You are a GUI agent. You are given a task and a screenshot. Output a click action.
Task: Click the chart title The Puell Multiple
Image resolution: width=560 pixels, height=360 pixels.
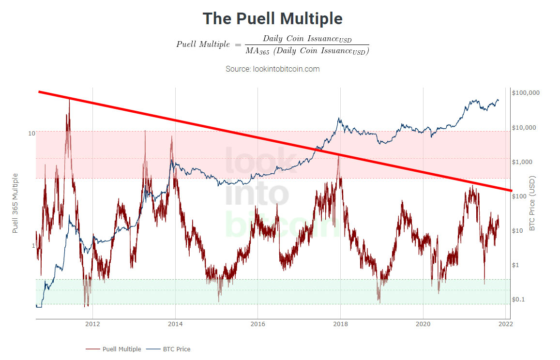click(x=272, y=18)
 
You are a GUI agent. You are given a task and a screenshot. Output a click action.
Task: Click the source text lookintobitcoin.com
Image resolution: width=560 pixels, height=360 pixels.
click(x=286, y=69)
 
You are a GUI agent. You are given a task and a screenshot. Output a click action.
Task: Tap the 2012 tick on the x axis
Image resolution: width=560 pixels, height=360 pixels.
click(x=92, y=324)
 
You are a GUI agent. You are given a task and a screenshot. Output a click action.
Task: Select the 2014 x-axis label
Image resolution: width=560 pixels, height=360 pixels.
click(x=175, y=324)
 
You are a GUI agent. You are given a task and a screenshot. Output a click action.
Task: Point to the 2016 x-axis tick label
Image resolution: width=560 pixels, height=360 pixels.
click(x=258, y=324)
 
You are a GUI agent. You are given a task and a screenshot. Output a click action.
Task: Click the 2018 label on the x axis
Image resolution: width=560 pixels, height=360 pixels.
click(x=340, y=324)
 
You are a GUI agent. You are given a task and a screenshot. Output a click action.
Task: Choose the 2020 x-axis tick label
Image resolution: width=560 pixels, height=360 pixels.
click(x=423, y=324)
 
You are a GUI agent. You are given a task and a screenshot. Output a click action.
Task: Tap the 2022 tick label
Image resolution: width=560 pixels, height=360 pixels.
click(x=506, y=324)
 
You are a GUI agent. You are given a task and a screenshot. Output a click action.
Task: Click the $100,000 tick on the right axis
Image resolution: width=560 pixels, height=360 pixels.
click(x=526, y=93)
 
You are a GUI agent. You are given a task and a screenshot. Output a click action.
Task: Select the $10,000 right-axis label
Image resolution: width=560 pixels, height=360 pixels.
click(x=524, y=128)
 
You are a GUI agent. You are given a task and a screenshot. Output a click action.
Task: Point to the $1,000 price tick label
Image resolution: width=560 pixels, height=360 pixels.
click(x=522, y=162)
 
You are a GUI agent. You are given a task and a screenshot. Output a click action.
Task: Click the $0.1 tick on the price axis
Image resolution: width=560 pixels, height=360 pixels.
click(x=518, y=300)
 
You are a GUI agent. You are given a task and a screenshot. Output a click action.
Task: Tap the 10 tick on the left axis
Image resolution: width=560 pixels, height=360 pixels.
click(x=32, y=134)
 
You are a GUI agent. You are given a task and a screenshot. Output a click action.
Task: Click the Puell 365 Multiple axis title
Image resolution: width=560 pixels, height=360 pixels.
click(x=15, y=203)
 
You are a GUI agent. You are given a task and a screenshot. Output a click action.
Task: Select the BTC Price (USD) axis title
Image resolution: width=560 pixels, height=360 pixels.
click(x=532, y=203)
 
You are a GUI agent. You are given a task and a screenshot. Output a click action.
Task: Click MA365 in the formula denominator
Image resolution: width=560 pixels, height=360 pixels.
click(x=257, y=51)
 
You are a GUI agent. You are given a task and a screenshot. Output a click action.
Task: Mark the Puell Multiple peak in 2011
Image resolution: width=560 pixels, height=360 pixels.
click(x=69, y=100)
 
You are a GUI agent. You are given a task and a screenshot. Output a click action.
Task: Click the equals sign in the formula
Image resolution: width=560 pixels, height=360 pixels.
click(x=238, y=45)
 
